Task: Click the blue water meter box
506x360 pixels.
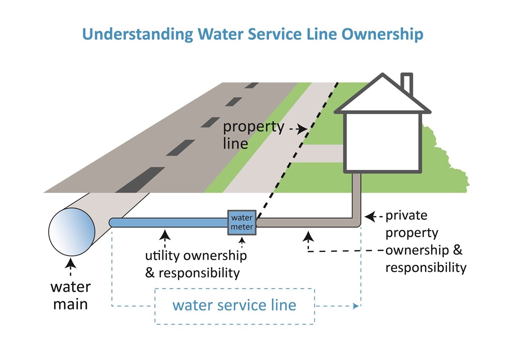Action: (242, 223)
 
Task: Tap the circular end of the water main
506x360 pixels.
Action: (72, 229)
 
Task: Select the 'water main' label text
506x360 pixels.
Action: (70, 295)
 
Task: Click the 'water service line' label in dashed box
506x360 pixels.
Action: (234, 305)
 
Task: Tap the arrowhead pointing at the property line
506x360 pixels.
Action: (302, 129)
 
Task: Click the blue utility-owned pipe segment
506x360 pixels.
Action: (169, 222)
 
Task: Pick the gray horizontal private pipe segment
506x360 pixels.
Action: (304, 222)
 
